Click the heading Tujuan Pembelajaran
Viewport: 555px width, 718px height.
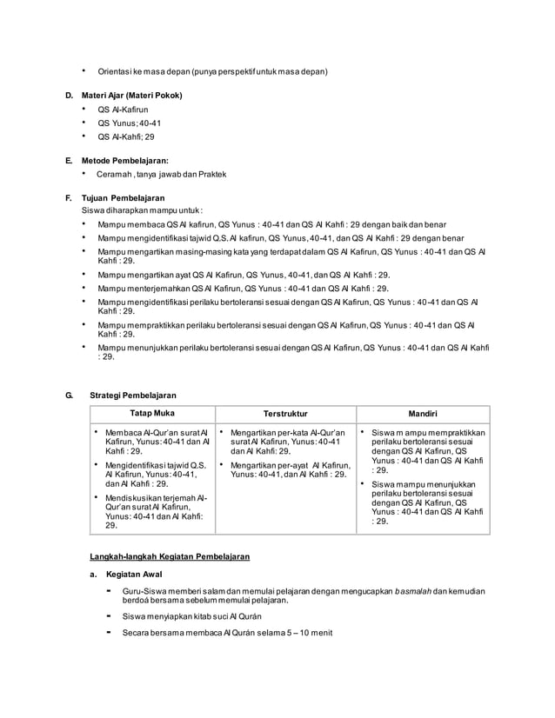pos(123,197)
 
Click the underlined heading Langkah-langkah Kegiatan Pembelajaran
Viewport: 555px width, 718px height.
pos(170,555)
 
